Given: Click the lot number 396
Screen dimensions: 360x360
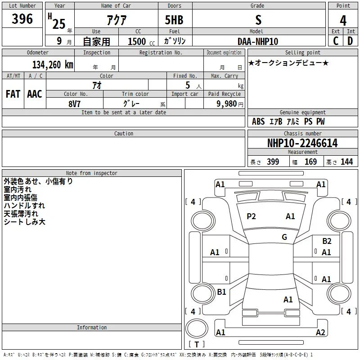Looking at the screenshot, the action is (22, 18).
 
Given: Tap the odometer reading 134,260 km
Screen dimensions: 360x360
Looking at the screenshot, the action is (53, 65).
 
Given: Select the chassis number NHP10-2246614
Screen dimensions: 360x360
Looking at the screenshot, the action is (302, 143).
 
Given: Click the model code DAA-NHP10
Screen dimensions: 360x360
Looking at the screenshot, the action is (257, 41).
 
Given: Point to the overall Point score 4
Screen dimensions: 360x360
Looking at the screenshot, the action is (343, 21).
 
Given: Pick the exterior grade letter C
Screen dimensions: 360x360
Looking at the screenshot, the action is (336, 41).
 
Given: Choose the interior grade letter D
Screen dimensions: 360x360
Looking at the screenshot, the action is (350, 41).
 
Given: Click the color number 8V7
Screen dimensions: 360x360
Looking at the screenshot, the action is (74, 104).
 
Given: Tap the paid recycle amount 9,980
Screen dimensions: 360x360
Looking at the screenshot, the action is (227, 104).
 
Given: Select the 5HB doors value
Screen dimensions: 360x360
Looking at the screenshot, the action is (174, 20).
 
